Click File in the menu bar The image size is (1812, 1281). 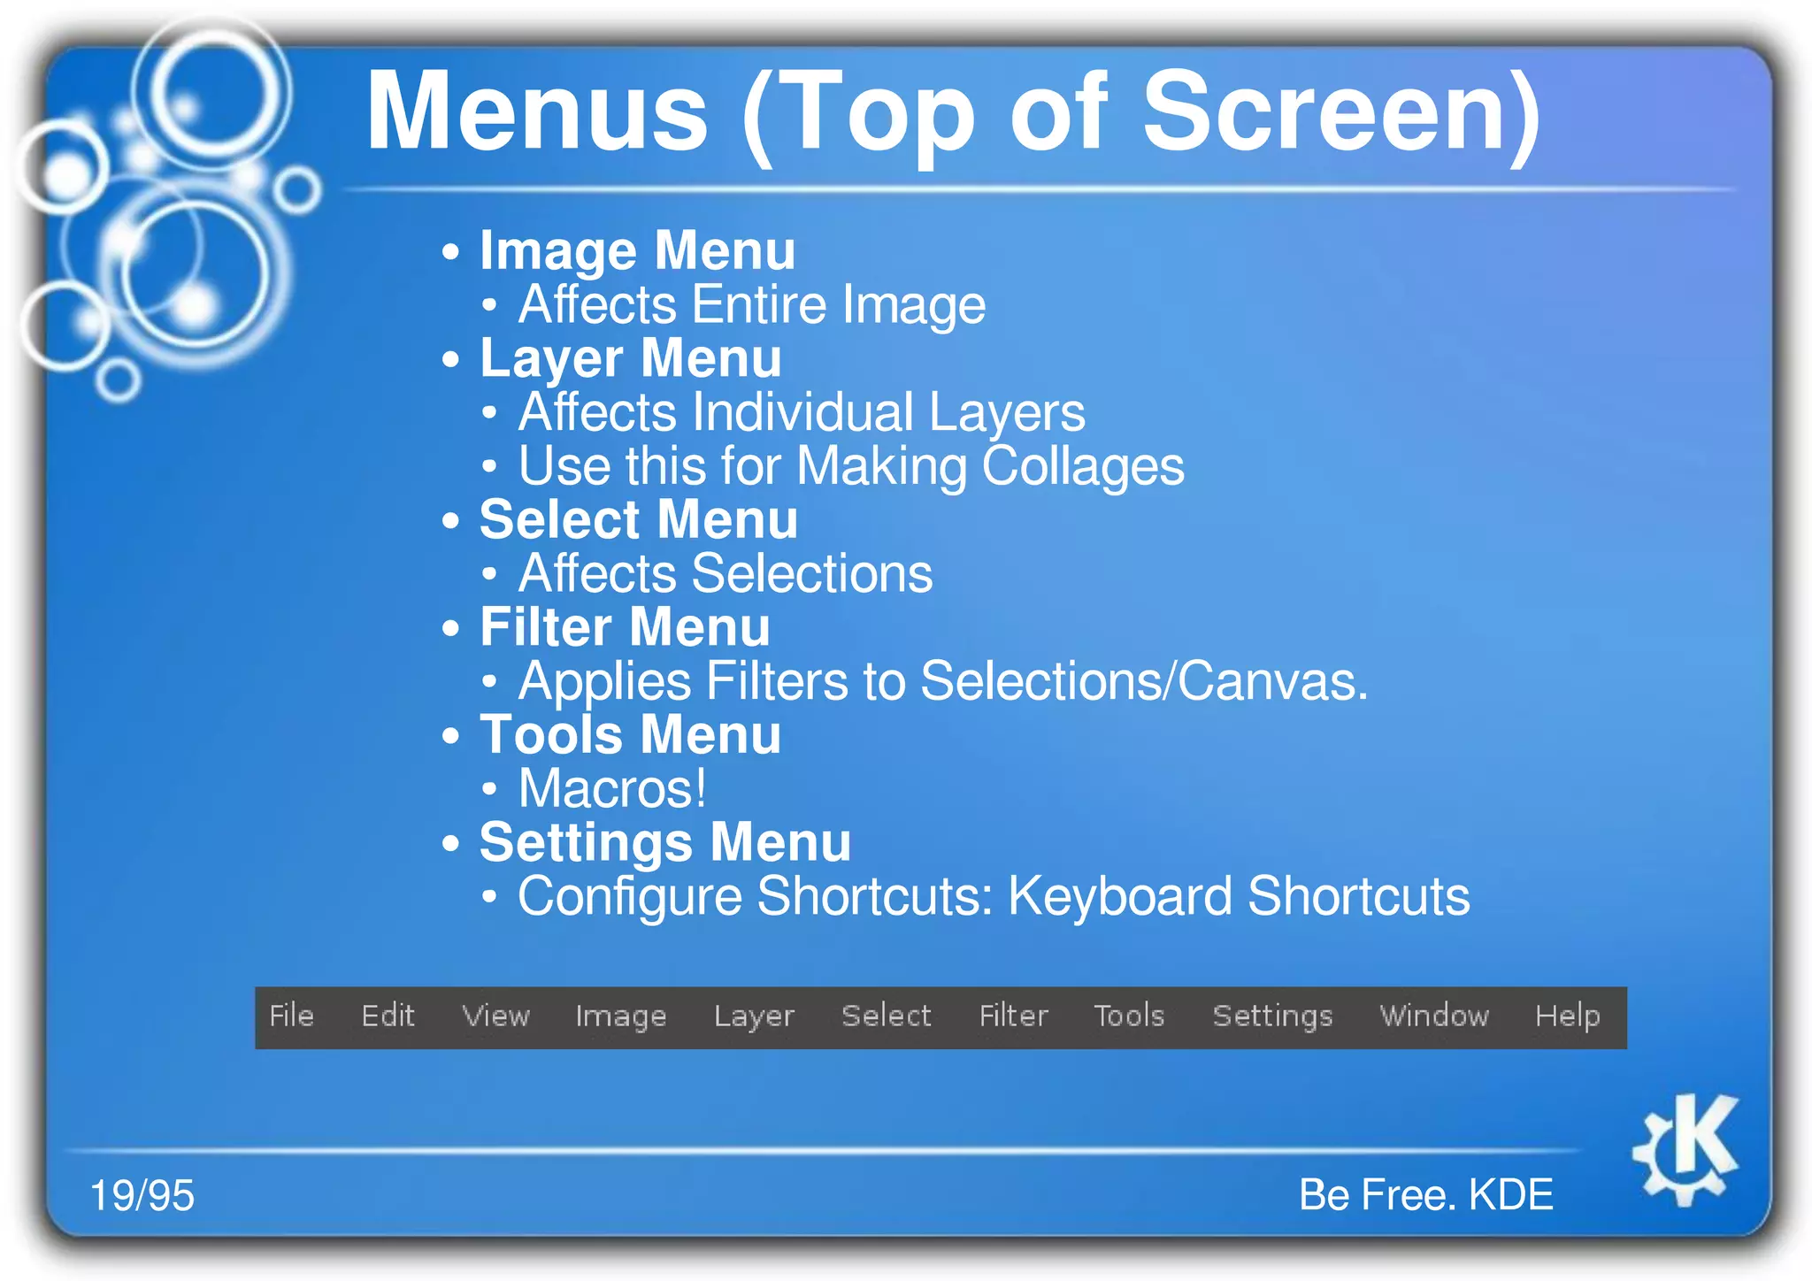point(291,1016)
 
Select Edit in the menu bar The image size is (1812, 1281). point(388,1016)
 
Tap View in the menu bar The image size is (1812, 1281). point(495,1016)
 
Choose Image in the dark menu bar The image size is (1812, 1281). point(620,1016)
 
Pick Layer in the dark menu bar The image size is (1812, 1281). point(754,1016)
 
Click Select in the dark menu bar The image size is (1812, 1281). point(886,1016)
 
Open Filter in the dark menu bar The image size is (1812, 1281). point(1013,1016)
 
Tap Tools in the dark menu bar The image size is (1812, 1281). point(1129,1016)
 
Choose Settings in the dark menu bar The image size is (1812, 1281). point(1272,1016)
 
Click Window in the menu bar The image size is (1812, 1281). point(1434,1016)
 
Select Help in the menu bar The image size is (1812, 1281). point(1567,1016)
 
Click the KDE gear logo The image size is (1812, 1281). point(1685,1149)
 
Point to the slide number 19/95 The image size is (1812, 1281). point(142,1195)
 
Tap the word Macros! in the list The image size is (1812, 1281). point(612,788)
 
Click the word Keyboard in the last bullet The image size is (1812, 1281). point(1119,896)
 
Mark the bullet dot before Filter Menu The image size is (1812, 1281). point(451,628)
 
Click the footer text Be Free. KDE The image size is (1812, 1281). point(1425,1194)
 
